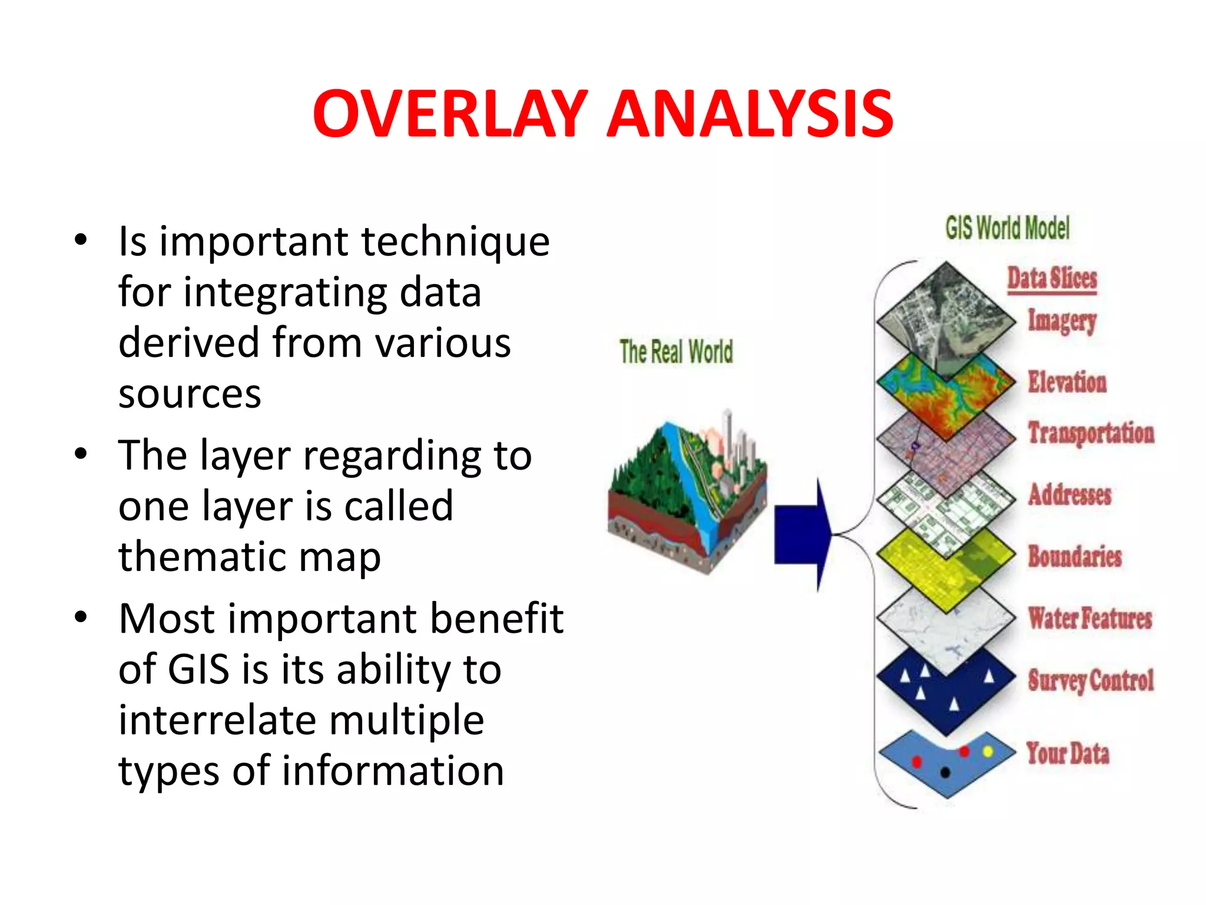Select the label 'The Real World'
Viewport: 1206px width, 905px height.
(676, 352)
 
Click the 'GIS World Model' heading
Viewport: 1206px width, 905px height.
(1007, 228)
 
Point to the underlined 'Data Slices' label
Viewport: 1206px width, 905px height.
(1052, 278)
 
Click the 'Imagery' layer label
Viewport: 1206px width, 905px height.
(1062, 321)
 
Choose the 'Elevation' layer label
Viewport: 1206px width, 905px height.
(1067, 382)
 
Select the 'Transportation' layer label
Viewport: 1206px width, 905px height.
(1091, 433)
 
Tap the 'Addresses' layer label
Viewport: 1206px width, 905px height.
(1069, 494)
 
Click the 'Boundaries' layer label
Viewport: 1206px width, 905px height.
(1075, 556)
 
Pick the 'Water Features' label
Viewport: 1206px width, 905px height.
(1089, 618)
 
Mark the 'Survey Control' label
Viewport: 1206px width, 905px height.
(1091, 681)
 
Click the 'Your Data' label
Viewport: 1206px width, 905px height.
(1068, 754)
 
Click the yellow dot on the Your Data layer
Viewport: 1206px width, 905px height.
(988, 751)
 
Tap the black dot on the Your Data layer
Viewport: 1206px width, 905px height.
(945, 772)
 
